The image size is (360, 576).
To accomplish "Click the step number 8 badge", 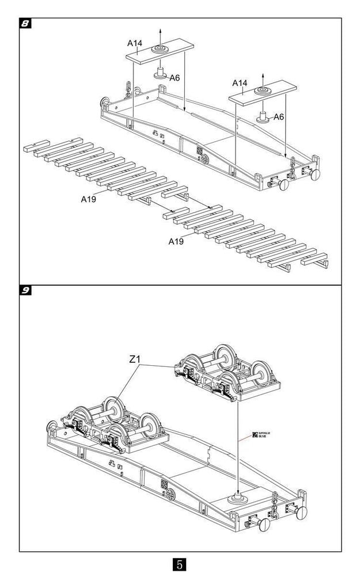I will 25,24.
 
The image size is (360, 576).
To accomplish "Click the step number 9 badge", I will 25,290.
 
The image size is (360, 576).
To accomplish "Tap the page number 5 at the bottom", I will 180,563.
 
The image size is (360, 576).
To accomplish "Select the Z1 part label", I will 135,359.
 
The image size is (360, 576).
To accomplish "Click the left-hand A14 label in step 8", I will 135,43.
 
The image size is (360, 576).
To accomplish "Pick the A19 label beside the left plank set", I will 88,199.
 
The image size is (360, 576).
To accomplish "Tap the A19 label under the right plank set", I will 176,241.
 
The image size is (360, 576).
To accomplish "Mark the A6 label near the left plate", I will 175,77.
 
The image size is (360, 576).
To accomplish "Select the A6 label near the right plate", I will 278,117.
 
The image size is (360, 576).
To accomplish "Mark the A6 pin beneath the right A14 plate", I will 264,116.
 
